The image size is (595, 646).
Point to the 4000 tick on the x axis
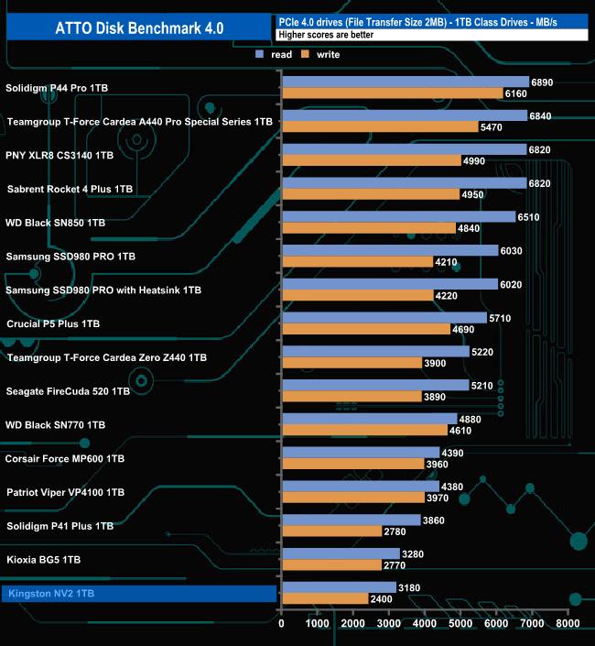point(425,624)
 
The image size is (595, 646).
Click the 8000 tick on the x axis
point(568,624)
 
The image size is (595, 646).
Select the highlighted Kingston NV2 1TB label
point(50,594)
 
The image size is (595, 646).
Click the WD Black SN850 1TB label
point(55,223)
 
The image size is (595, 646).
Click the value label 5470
point(492,127)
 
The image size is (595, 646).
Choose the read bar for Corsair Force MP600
point(362,453)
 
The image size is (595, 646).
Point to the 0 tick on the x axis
point(282,624)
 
